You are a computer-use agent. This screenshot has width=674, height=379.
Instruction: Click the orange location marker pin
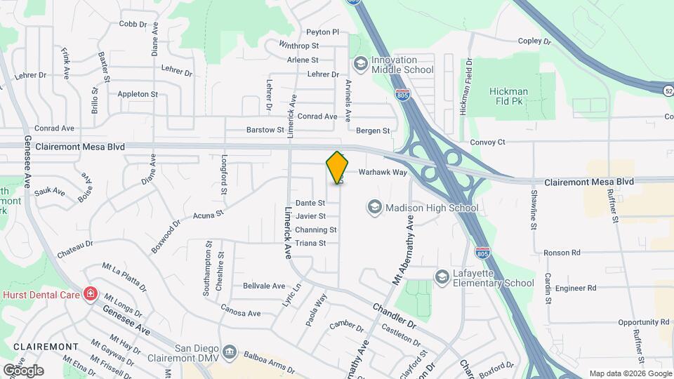click(337, 167)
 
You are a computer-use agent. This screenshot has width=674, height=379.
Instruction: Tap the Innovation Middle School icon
click(360, 65)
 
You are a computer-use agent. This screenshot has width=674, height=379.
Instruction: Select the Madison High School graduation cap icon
click(374, 207)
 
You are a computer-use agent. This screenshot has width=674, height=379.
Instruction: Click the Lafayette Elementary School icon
click(442, 277)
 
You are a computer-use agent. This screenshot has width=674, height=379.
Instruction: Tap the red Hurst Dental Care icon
click(90, 294)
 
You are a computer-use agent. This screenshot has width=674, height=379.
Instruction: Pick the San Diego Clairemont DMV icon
click(230, 350)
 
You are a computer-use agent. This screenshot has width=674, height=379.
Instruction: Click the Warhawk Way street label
click(383, 172)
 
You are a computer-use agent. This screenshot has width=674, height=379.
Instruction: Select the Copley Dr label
click(536, 41)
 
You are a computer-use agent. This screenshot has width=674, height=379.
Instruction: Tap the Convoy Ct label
click(487, 142)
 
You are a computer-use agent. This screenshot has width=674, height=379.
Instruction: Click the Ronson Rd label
click(562, 252)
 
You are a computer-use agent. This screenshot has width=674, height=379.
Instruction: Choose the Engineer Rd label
click(575, 288)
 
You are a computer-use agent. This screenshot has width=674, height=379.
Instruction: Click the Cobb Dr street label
click(133, 24)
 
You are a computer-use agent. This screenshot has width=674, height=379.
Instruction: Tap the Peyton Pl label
click(322, 32)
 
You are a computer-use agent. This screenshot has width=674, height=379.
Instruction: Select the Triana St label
click(310, 244)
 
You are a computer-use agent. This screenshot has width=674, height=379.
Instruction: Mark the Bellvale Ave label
click(263, 286)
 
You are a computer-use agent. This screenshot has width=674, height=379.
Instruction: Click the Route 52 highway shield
click(668, 90)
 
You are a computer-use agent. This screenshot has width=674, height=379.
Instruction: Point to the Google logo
click(23, 370)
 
